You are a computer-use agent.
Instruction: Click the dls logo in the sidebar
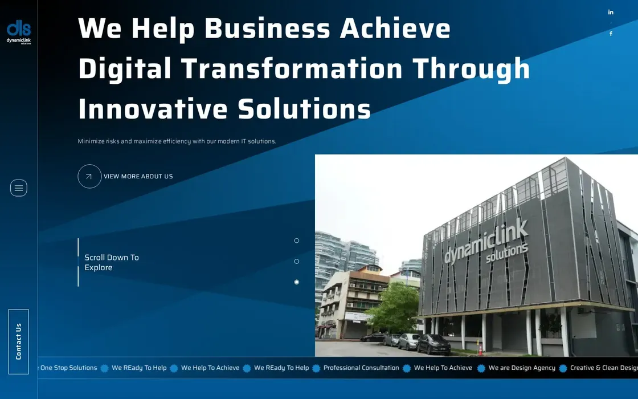tap(19, 32)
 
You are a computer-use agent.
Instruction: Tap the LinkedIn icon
tap(611, 12)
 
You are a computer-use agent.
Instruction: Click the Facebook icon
tap(611, 34)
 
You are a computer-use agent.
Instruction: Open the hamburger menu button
tap(19, 188)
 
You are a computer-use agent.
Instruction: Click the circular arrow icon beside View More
tap(89, 176)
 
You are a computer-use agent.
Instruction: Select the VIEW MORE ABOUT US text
tap(138, 176)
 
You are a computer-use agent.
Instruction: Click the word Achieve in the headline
tap(395, 28)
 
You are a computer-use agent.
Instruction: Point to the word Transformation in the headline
tap(292, 68)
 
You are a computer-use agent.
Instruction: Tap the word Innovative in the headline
tap(153, 109)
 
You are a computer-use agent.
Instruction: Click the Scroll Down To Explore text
tap(112, 263)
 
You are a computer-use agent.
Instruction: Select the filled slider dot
tap(297, 282)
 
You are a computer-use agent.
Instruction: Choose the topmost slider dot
tap(297, 241)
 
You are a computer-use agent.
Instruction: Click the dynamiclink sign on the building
tap(486, 242)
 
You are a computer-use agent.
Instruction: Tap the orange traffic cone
tap(481, 349)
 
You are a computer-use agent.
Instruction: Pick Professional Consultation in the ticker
tap(361, 368)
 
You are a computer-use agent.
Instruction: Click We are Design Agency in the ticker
tap(522, 368)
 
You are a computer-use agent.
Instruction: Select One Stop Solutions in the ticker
tap(68, 368)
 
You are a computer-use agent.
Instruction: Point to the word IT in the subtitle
tap(244, 141)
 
